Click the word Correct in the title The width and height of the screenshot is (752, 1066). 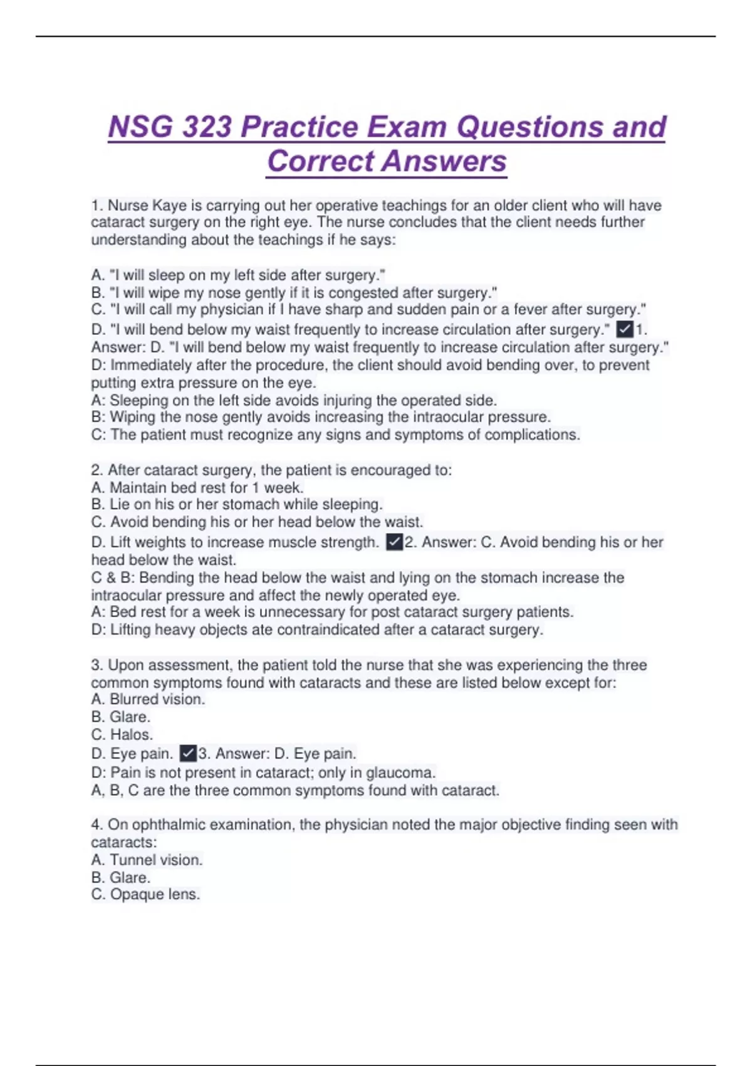coord(320,161)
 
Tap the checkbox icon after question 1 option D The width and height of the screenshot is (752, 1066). coord(625,329)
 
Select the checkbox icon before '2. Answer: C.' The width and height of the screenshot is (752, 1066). coord(394,542)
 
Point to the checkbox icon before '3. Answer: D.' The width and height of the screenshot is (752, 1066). coord(188,753)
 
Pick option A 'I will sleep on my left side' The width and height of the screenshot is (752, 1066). coord(238,275)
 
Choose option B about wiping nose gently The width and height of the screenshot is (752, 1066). coord(295,292)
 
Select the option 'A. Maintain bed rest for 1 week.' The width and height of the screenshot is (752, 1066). coord(197,487)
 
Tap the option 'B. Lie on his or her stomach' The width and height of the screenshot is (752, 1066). coord(237,504)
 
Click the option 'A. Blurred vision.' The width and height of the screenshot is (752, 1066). coord(149,699)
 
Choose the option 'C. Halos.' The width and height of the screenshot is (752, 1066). coord(122,734)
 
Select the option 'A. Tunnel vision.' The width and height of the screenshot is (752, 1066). coord(147,860)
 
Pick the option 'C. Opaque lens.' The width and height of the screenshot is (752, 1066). coord(146,894)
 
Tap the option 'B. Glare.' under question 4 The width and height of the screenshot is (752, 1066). coord(121,877)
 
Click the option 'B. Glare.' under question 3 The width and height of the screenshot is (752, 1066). coord(121,717)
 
